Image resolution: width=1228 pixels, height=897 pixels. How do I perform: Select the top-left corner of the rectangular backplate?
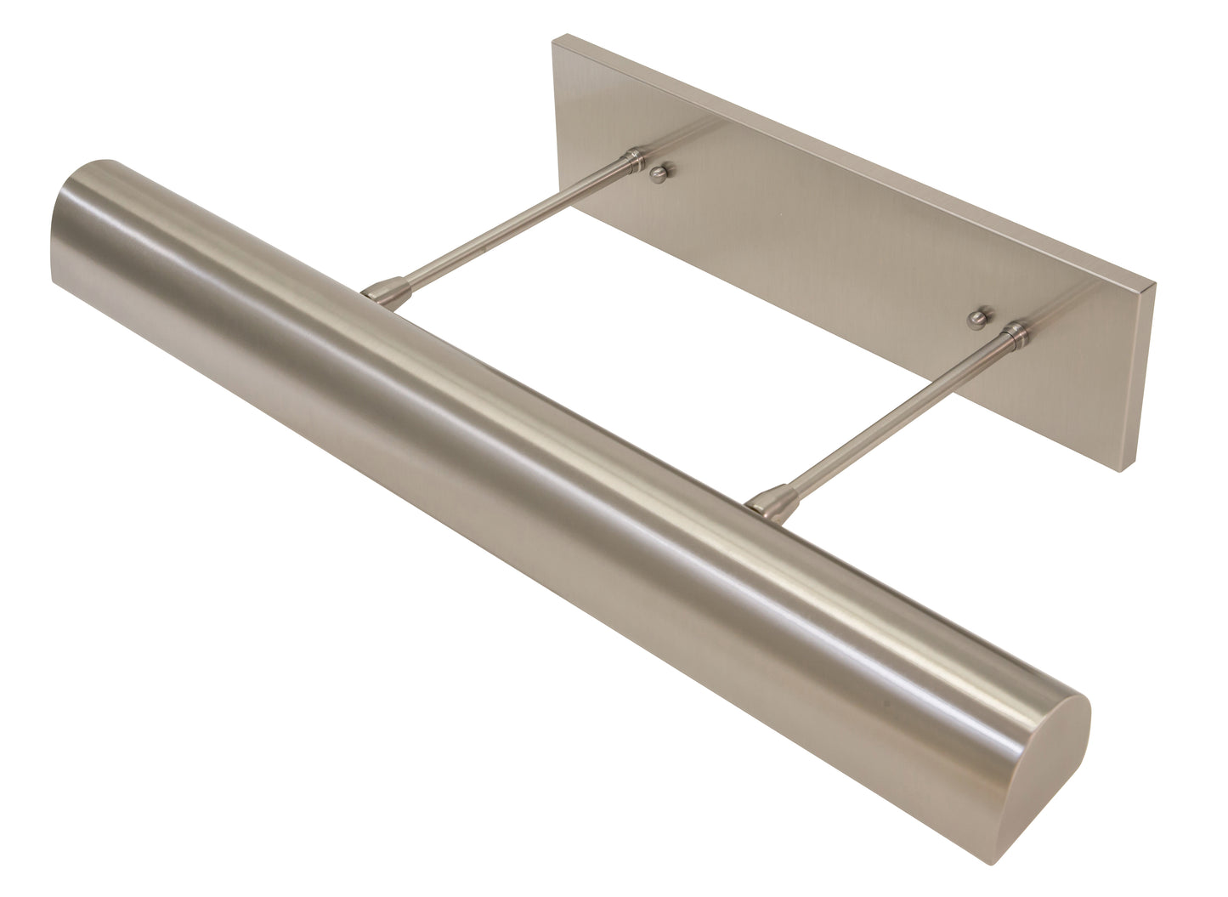coord(554,38)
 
